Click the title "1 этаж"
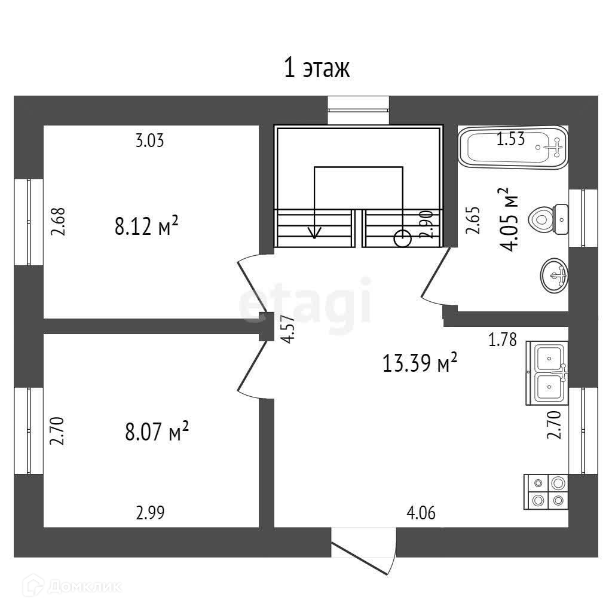(316, 69)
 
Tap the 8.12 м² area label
(146, 227)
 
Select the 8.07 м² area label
(157, 431)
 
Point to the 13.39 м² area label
(420, 362)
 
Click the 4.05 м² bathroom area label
(508, 220)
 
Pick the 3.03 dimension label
(149, 141)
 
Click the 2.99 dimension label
(150, 512)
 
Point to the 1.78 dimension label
(502, 341)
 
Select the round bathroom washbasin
(554, 276)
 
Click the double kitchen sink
(547, 373)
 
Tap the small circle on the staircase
(403, 239)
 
